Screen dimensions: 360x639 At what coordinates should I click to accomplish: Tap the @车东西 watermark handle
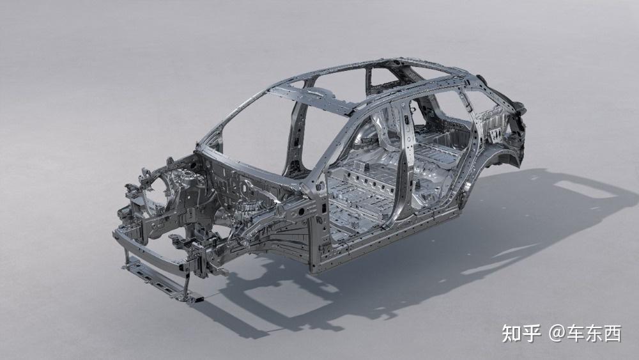(x=585, y=334)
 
